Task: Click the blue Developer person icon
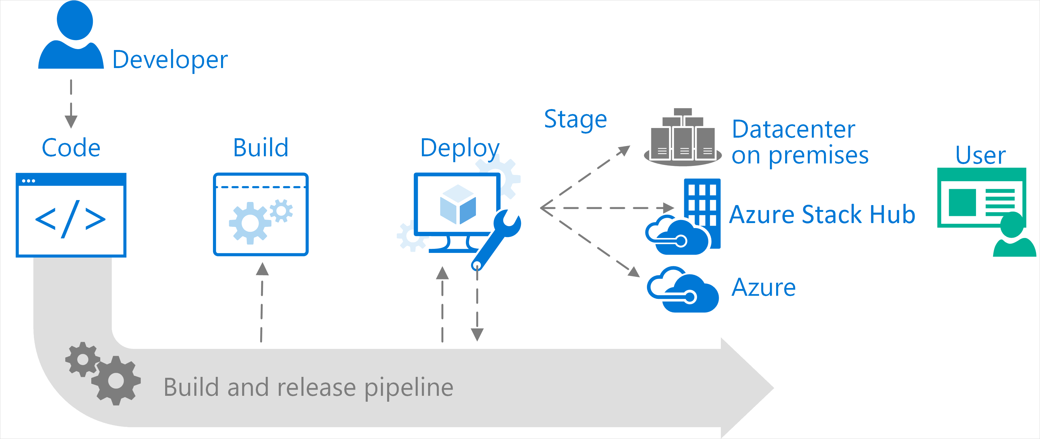(71, 36)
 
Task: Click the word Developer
(170, 60)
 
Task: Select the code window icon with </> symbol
(71, 215)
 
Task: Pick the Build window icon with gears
(261, 214)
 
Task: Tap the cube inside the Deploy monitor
(458, 205)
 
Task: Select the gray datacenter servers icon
(683, 139)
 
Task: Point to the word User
(980, 155)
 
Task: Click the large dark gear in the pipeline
(116, 381)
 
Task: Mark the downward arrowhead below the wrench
(477, 334)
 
